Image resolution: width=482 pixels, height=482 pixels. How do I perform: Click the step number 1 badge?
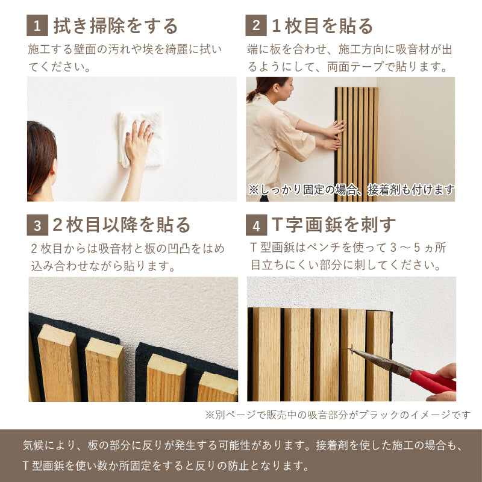[x=37, y=26]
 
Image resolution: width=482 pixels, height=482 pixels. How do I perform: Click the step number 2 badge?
[x=256, y=26]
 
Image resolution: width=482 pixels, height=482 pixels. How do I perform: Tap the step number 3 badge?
[x=37, y=225]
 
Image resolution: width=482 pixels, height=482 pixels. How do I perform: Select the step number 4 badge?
[x=256, y=225]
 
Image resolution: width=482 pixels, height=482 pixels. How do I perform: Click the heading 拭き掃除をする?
[x=116, y=26]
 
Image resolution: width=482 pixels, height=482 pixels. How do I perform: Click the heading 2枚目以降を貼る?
[x=120, y=225]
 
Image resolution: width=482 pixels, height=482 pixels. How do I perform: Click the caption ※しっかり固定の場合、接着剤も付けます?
[x=351, y=190]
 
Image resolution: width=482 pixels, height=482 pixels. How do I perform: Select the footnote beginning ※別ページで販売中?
[x=337, y=415]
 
